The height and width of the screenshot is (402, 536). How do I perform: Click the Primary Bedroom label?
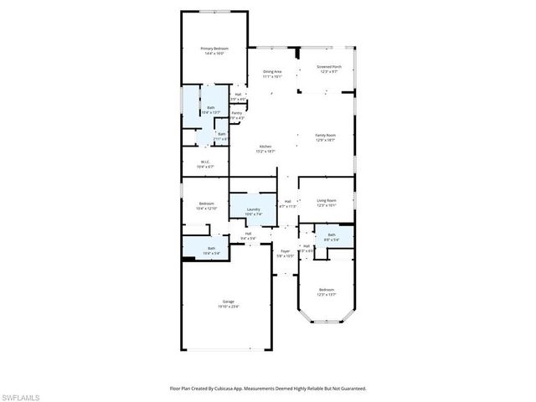click(214, 49)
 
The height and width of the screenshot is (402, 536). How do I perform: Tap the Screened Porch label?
click(328, 66)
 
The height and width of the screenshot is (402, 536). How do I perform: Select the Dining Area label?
click(272, 71)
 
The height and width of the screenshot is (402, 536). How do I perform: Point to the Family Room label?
click(325, 136)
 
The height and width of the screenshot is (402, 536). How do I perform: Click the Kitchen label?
click(265, 147)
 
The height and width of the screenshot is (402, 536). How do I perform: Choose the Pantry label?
click(237, 112)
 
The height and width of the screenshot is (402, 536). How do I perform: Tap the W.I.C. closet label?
click(205, 162)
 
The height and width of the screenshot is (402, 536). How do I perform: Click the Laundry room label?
click(253, 209)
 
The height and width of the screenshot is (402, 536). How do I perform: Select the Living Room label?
click(327, 200)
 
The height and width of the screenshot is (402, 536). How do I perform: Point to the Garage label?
click(228, 301)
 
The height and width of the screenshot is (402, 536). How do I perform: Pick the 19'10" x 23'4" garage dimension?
click(228, 307)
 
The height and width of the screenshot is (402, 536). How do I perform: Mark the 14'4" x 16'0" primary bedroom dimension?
click(214, 54)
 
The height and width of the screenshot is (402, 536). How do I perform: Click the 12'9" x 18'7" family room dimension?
click(325, 141)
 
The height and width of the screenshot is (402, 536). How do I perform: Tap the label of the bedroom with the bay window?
click(327, 290)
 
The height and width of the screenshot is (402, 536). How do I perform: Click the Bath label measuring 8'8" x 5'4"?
click(332, 235)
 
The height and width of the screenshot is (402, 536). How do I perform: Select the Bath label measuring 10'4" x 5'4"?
click(211, 248)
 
